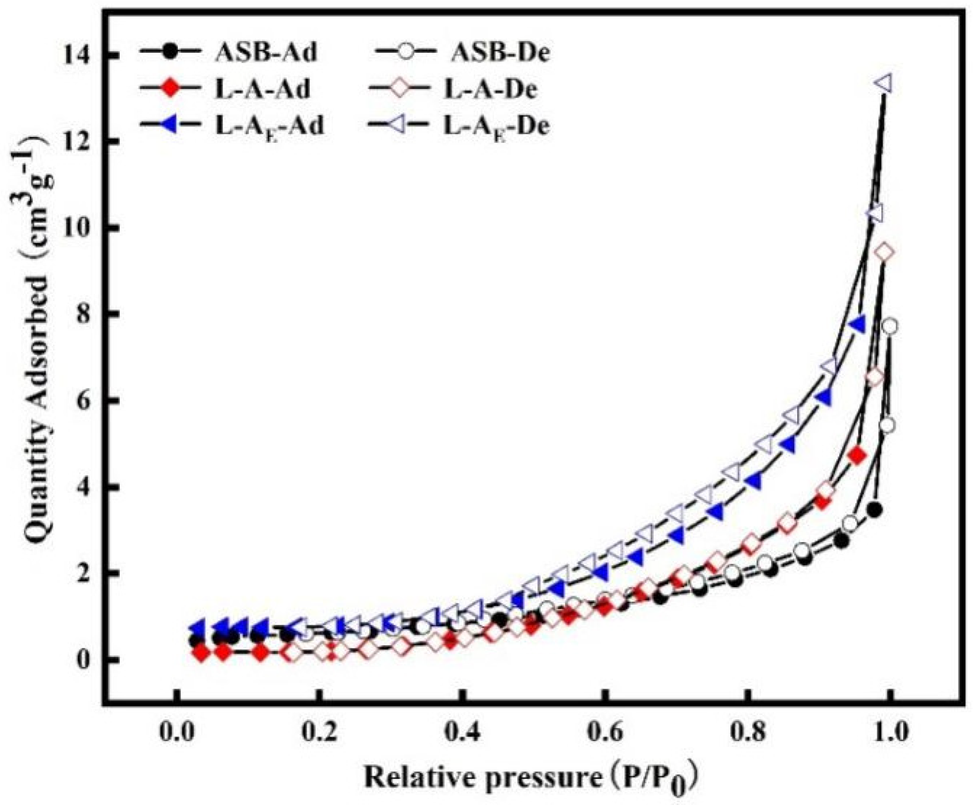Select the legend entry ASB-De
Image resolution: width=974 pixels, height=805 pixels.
500,52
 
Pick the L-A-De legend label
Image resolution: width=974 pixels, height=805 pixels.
490,90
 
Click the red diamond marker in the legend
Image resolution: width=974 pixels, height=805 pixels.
171,89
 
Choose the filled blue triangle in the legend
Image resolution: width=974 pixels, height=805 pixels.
170,126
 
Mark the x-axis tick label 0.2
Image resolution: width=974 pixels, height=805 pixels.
320,733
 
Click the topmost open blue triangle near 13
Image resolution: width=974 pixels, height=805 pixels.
885,84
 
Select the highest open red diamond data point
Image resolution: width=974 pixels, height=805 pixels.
885,252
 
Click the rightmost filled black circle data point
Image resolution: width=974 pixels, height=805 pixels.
874,510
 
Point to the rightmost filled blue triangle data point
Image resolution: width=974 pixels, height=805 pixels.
857,324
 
